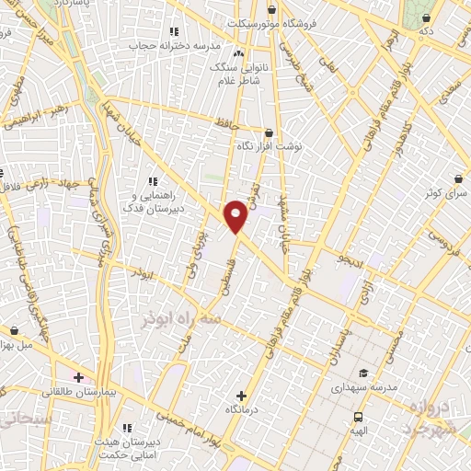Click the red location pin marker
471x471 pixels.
pyautogui.click(x=236, y=215)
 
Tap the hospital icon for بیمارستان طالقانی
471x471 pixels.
pyautogui.click(x=79, y=377)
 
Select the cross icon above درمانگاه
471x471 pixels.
pyautogui.click(x=242, y=394)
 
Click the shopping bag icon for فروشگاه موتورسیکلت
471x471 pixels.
pyautogui.click(x=270, y=9)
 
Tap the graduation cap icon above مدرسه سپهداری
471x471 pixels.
pyautogui.click(x=363, y=373)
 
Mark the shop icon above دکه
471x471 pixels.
pyautogui.click(x=425, y=17)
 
